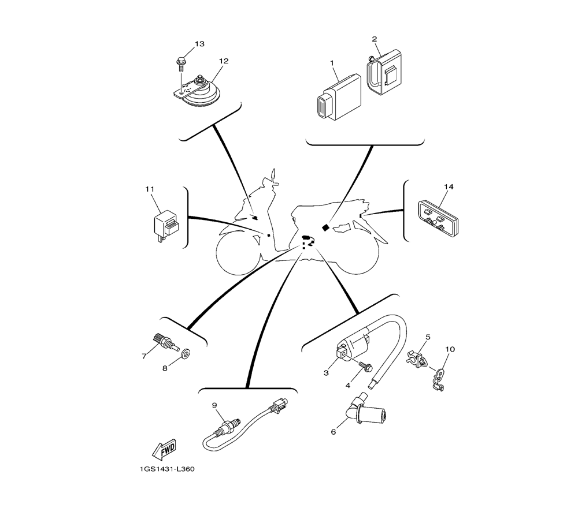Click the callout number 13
click(199, 44)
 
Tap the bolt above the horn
click(180, 61)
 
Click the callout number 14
click(449, 186)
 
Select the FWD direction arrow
click(162, 448)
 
